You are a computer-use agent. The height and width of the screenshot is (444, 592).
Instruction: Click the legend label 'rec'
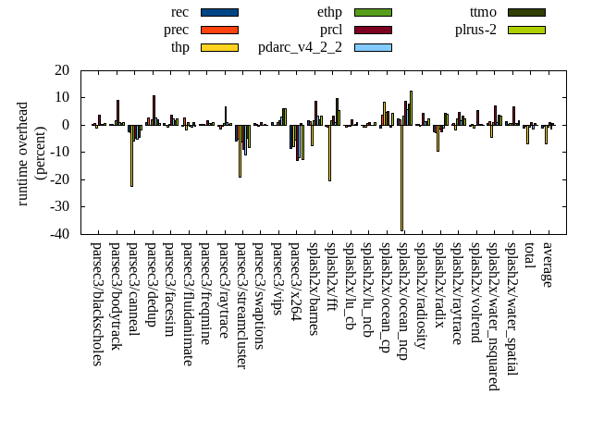pos(180,12)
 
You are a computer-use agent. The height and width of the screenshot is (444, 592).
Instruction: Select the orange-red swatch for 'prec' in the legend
pos(219,30)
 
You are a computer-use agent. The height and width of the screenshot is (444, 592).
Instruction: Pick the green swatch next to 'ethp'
pos(373,12)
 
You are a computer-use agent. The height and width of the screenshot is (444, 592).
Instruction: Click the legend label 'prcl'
pos(330,30)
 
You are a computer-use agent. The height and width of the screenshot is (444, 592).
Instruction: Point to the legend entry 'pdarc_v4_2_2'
pos(300,47)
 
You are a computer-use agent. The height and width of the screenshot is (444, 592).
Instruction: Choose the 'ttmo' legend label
pos(483,12)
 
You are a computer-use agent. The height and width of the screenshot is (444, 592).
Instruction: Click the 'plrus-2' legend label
pos(475,30)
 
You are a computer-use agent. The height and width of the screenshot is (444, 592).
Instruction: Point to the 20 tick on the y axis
pos(62,70)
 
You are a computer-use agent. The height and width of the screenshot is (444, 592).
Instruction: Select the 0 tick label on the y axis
pos(66,125)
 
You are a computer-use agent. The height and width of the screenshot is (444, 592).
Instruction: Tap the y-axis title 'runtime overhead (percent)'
pos(31,153)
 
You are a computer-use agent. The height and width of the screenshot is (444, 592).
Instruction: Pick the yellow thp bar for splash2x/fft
pos(329,153)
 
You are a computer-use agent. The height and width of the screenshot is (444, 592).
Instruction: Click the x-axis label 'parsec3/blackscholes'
pos(96,303)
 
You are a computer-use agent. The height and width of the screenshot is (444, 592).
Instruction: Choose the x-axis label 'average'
pos(547,265)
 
